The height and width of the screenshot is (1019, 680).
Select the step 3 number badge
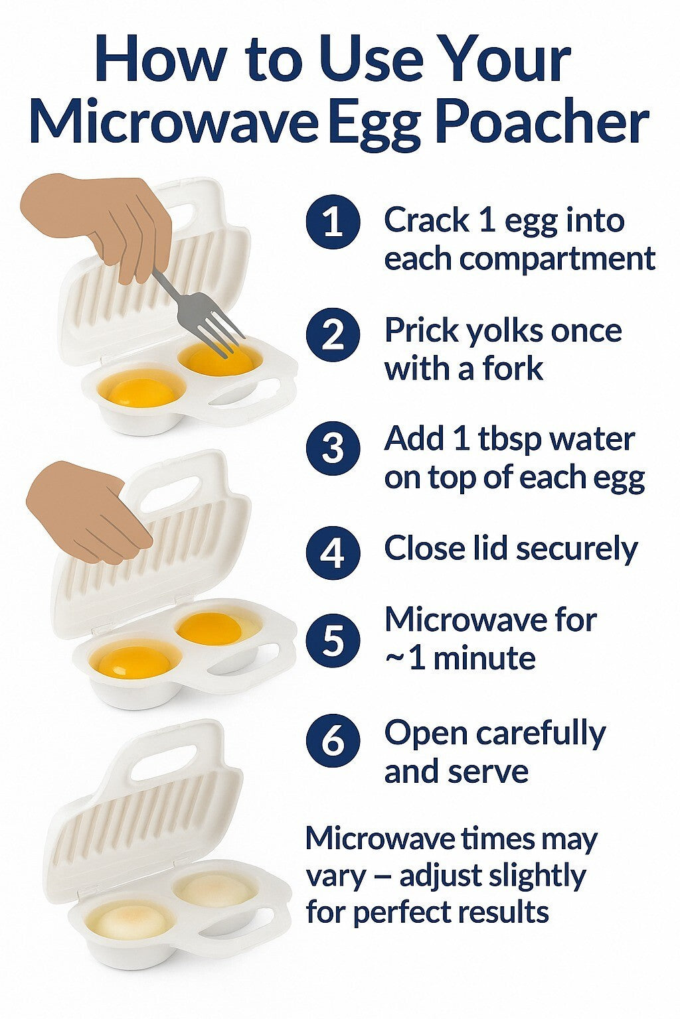pos(333,448)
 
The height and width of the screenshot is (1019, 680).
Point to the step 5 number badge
pos(333,641)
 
